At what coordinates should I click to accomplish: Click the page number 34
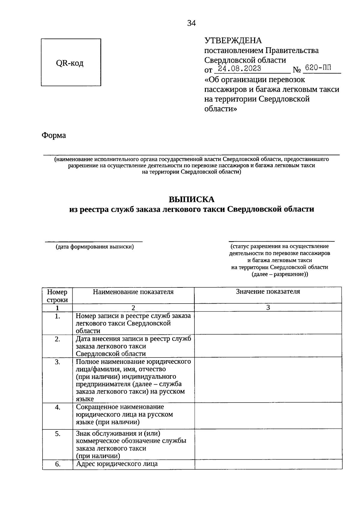click(x=191, y=23)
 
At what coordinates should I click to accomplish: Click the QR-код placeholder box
click(x=71, y=62)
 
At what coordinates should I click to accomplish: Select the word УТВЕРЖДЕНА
click(x=233, y=40)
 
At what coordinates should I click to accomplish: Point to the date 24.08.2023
click(x=239, y=69)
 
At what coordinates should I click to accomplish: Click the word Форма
click(x=54, y=135)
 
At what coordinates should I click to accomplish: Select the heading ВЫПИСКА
click(x=191, y=199)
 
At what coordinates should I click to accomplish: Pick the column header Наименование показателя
click(x=133, y=292)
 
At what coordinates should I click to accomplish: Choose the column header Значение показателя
click(x=268, y=291)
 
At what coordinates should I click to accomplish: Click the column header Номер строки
click(x=57, y=296)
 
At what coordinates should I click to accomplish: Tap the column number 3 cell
click(x=268, y=307)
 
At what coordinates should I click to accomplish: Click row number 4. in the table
click(x=57, y=407)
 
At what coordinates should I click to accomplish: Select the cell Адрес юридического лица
click(x=117, y=464)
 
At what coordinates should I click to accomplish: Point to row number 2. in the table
click(x=57, y=339)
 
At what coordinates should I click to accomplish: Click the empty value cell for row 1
click(x=268, y=322)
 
